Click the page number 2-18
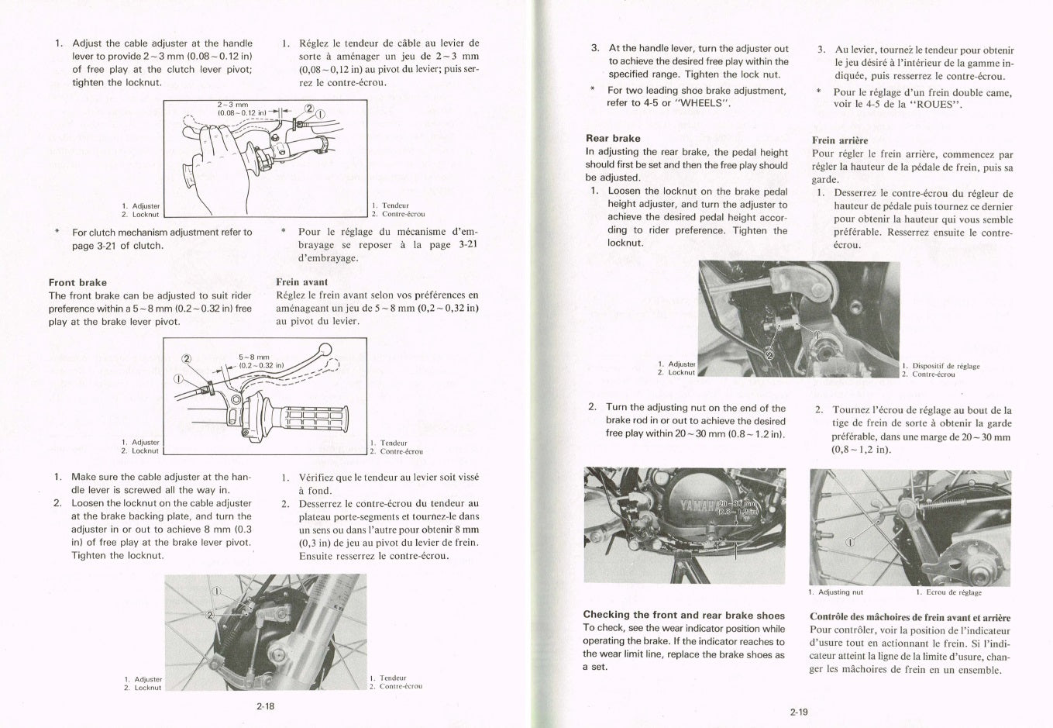coord(265,706)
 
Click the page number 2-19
coord(799,712)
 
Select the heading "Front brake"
coord(77,282)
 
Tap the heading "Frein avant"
coord(301,282)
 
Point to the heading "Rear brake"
coord(613,139)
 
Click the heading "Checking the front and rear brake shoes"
coord(683,615)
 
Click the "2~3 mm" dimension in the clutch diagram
coord(232,105)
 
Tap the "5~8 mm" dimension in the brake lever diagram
coord(253,357)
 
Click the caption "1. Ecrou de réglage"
coord(948,592)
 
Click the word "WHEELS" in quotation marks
coord(703,103)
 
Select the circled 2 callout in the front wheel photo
coord(208,615)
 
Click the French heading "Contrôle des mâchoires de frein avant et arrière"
coord(910,617)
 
